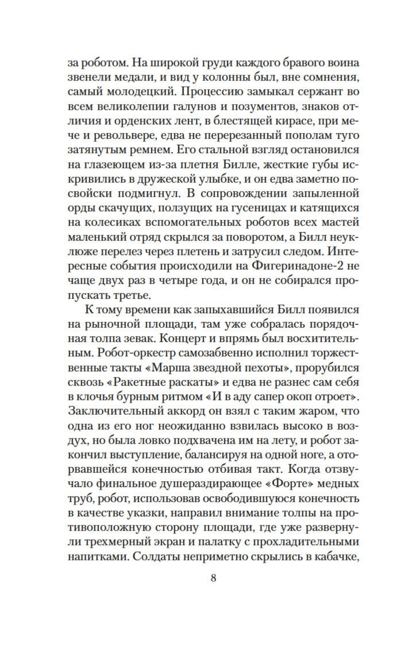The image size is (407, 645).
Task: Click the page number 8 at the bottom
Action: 213,578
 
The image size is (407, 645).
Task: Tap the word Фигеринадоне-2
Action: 290,266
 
